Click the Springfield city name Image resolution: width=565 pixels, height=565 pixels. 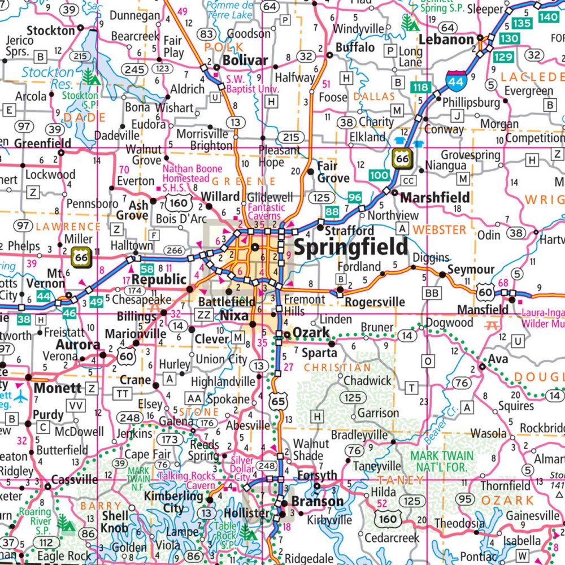click(x=350, y=246)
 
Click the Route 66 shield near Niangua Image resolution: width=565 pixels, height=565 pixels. click(x=402, y=160)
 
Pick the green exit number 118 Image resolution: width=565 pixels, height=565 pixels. click(x=420, y=87)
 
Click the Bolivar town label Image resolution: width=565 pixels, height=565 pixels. click(x=245, y=60)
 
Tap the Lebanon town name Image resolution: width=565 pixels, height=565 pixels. click(x=446, y=39)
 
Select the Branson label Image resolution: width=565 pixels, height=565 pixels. click(x=317, y=501)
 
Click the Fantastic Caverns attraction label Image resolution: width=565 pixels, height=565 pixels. click(x=264, y=211)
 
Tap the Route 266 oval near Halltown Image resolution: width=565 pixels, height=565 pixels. click(x=174, y=251)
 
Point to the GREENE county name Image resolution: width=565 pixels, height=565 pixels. click(x=244, y=181)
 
